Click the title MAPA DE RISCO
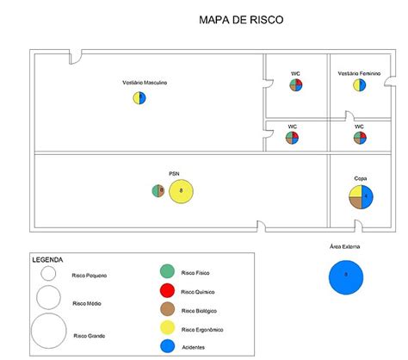(240, 20)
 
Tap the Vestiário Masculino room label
(145, 83)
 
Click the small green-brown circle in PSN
(158, 190)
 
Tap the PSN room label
(174, 172)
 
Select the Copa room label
(361, 178)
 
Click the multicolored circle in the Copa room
(362, 197)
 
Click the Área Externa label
(345, 246)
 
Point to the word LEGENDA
(47, 259)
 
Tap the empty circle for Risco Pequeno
(48, 274)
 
